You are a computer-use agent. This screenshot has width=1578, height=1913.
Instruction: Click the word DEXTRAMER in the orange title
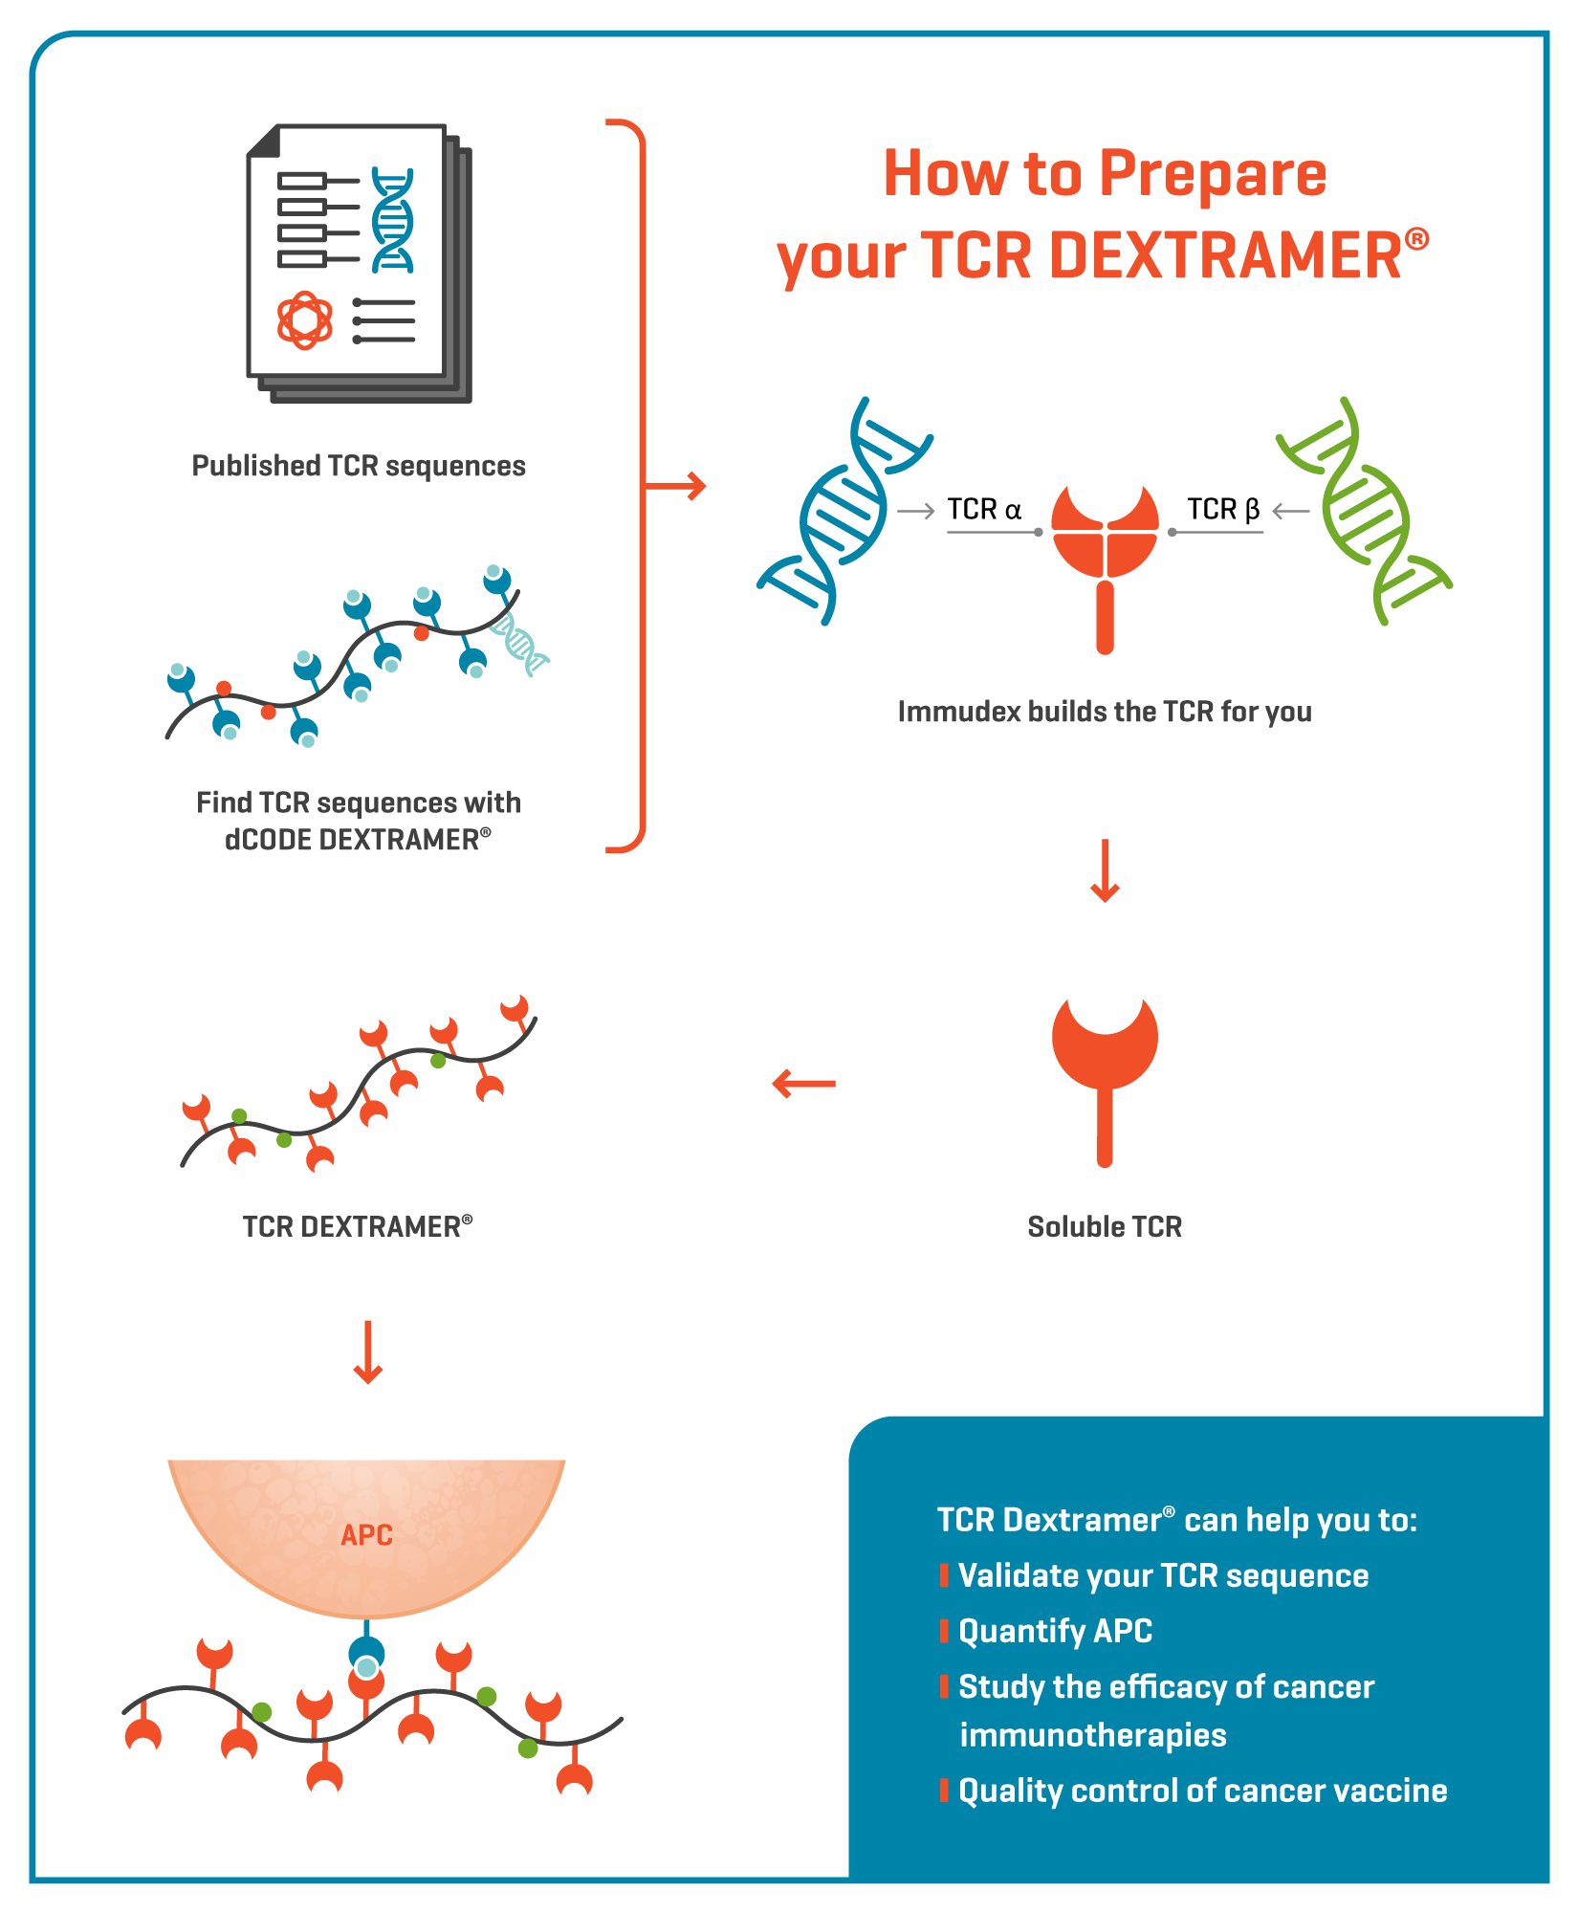point(1226,256)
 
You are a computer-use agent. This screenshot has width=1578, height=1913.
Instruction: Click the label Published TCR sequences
point(359,466)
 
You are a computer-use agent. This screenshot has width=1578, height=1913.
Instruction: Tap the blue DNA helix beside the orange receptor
point(842,513)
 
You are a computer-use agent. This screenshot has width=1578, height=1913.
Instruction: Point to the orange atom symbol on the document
point(304,320)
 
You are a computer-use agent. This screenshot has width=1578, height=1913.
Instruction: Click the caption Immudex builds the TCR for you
point(1104,712)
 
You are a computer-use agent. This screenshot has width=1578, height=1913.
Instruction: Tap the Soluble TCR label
point(1105,1226)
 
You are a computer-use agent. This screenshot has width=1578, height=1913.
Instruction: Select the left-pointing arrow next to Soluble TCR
point(803,1084)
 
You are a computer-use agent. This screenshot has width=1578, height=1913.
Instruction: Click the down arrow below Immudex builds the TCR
point(1105,870)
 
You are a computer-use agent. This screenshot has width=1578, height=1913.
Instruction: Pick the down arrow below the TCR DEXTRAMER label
point(368,1352)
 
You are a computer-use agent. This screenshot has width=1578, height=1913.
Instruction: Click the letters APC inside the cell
point(367,1535)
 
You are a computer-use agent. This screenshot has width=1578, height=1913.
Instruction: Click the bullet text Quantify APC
point(1055,1631)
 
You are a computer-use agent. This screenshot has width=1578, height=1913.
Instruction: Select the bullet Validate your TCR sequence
point(1163,1575)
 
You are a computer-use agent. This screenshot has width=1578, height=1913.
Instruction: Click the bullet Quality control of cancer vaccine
point(1202,1791)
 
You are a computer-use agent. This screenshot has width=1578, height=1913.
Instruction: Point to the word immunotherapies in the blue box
point(1092,1735)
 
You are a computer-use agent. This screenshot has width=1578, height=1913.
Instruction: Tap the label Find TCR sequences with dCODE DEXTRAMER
point(359,821)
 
